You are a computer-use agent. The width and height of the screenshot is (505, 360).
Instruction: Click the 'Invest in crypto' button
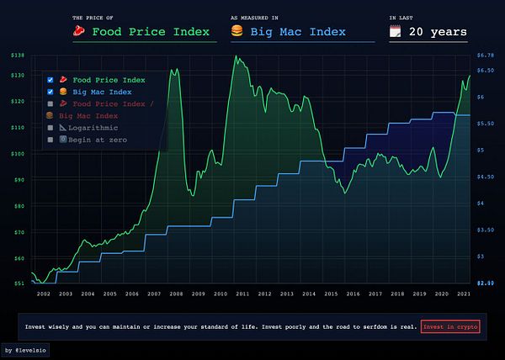pos(450,327)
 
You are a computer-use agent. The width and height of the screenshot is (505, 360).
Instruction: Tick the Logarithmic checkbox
pos(50,127)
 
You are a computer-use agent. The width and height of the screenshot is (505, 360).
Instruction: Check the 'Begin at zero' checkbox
pos(50,139)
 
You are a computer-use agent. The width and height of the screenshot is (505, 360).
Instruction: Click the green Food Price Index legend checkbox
pos(50,80)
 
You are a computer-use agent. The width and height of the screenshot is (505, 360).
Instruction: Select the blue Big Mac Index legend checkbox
pos(50,92)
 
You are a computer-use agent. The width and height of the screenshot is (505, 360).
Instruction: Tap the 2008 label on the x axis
pos(175,294)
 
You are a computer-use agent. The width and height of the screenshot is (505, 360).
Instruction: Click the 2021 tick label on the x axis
pos(463,294)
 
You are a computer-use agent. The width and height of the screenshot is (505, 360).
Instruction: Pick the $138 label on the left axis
pos(18,56)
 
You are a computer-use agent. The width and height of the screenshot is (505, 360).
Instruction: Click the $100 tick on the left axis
pos(18,154)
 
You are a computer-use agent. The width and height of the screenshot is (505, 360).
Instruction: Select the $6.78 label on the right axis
pos(484,56)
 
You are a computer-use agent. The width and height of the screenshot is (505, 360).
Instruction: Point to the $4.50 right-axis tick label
pos(484,177)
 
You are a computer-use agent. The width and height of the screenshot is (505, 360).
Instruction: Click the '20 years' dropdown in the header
pos(437,32)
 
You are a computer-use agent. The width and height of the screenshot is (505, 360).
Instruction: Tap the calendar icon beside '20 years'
pos(395,32)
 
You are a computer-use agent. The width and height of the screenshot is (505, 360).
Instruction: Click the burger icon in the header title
pos(237,32)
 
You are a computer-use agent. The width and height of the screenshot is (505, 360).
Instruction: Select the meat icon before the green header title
pos(79,32)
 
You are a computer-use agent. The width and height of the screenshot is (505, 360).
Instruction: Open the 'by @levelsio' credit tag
pos(26,349)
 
